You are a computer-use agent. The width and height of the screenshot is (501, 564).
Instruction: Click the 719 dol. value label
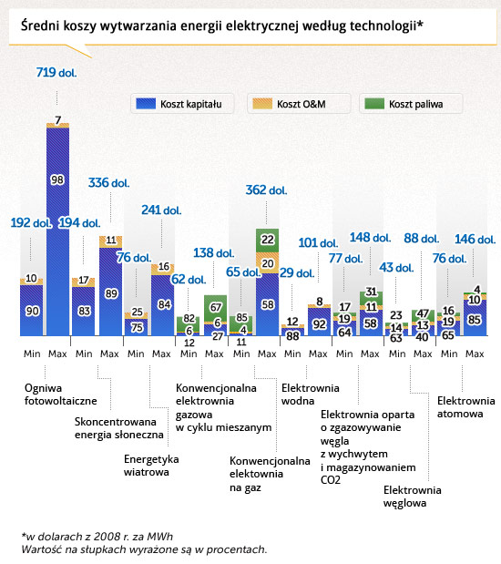click(x=56, y=73)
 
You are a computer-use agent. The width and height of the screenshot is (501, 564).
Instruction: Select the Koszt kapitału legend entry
click(x=182, y=104)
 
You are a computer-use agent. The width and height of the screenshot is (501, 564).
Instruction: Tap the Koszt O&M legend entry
click(x=299, y=104)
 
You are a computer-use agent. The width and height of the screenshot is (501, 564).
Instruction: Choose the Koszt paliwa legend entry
click(x=411, y=104)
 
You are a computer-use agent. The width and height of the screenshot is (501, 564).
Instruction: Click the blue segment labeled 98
click(x=58, y=231)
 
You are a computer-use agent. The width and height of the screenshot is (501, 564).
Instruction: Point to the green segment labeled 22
click(x=267, y=241)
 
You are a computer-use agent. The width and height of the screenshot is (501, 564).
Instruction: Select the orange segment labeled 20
click(x=267, y=263)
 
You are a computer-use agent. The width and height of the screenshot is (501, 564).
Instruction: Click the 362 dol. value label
click(x=266, y=190)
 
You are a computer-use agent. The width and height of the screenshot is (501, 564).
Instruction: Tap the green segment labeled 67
click(x=216, y=308)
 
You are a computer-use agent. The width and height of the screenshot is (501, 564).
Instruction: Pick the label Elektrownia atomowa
click(x=465, y=407)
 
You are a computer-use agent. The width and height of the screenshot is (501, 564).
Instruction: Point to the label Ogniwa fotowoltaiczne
click(x=60, y=395)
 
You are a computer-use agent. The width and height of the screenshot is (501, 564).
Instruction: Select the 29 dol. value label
click(x=297, y=272)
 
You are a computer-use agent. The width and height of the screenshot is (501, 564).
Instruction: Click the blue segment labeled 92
click(x=319, y=322)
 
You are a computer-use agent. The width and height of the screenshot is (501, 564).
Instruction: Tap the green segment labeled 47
click(x=423, y=315)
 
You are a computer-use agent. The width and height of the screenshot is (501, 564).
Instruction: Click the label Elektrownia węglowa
click(x=412, y=497)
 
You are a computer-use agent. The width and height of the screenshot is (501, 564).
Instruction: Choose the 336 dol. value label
click(x=108, y=183)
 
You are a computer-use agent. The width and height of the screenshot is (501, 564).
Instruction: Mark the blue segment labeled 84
click(x=162, y=305)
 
